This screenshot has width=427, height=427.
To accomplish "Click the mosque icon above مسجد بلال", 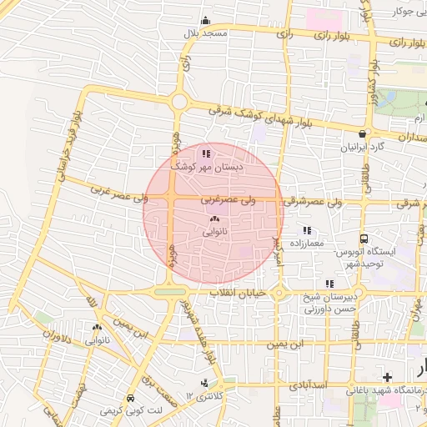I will point(206,21).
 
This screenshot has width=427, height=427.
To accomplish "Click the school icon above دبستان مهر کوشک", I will point(206,153).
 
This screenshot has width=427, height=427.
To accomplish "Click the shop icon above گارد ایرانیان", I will point(361,133).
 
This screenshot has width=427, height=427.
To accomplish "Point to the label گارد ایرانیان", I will point(361,147).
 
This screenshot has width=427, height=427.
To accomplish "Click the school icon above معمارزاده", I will point(307,230).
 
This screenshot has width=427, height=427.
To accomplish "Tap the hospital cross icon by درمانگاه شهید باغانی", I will point(387,378).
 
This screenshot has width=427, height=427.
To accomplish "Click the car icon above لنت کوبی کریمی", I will point(130,399).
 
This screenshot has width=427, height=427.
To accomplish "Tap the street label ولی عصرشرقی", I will point(313,202).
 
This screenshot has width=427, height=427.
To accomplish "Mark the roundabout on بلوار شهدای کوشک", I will point(178,102).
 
